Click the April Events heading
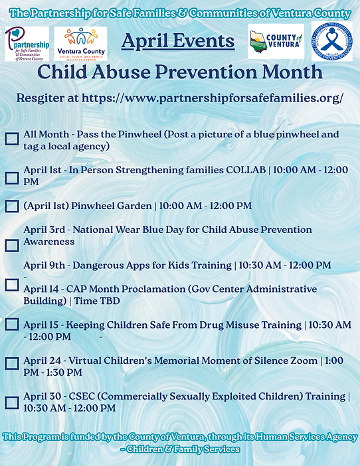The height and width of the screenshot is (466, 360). click(x=178, y=42)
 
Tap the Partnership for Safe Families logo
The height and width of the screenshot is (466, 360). click(x=27, y=44)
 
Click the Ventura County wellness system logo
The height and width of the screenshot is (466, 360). click(x=81, y=44)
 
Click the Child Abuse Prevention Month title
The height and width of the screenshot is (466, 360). click(x=179, y=72)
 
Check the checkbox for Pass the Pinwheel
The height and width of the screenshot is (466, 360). click(x=12, y=139)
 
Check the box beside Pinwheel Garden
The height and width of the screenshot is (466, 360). click(x=12, y=206)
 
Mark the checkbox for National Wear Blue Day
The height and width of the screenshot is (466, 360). click(x=12, y=245)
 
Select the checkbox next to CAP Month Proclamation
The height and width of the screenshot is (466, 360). click(x=12, y=284)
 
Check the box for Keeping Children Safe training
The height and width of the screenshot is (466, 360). click(x=12, y=325)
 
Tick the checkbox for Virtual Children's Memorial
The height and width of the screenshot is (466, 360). click(x=12, y=363)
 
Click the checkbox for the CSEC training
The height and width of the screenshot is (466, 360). click(x=12, y=402)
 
